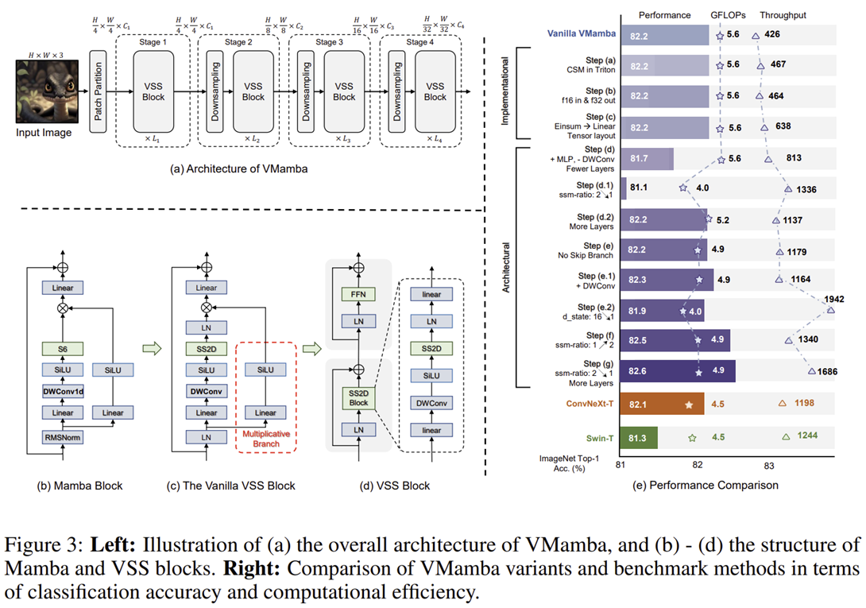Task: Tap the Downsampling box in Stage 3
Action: coord(306,88)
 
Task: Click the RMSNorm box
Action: coord(63,436)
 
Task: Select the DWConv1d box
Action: coord(63,391)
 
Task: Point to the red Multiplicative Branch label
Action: coord(266,439)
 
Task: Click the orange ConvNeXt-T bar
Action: coord(659,404)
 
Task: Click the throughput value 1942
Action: coord(834,299)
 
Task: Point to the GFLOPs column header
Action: coord(727,14)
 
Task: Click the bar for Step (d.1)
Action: coord(624,189)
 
